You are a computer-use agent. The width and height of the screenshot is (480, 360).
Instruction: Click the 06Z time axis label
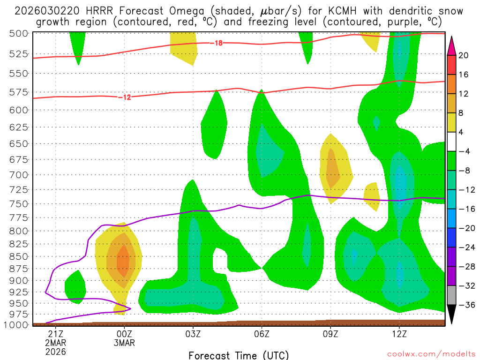click(x=262, y=334)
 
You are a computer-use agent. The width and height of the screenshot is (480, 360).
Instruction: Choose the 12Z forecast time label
click(x=399, y=334)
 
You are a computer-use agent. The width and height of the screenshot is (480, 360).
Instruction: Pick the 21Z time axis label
click(x=56, y=334)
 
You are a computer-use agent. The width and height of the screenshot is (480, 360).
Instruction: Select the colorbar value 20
click(x=464, y=55)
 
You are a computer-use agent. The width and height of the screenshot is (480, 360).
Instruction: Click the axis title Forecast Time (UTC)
click(x=239, y=355)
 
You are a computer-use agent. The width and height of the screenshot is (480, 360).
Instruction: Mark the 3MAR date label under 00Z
click(x=124, y=343)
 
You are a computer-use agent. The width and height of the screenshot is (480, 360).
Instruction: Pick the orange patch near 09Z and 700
click(x=332, y=169)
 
